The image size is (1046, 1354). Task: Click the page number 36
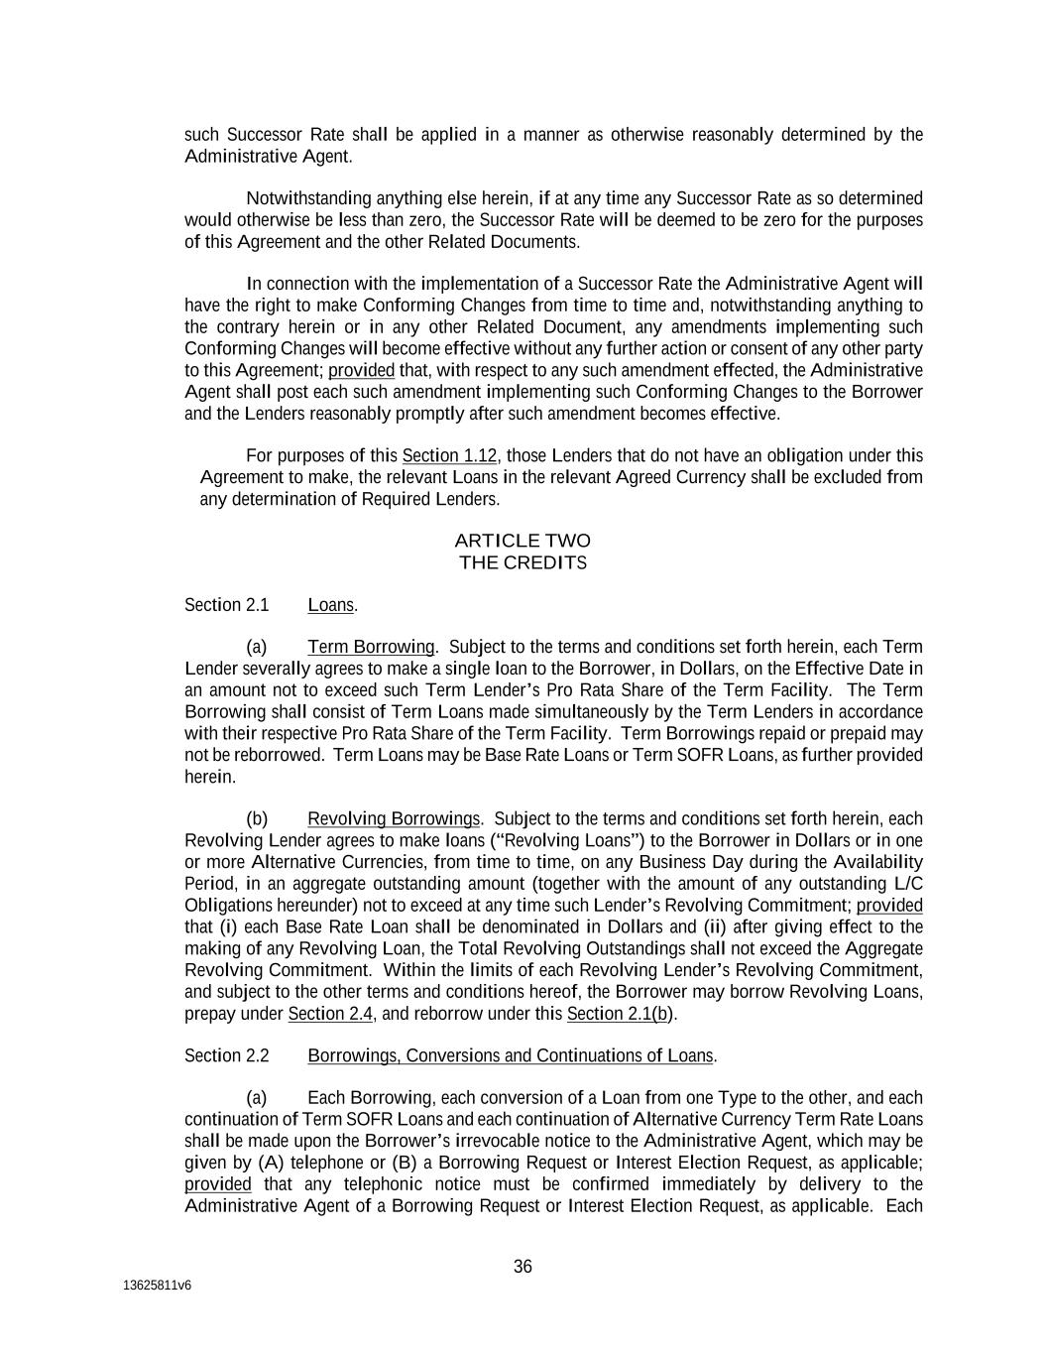coord(523,1266)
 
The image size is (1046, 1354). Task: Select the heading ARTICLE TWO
coord(522,541)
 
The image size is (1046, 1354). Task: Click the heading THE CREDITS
coord(523,562)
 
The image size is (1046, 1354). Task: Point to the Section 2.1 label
coord(212,605)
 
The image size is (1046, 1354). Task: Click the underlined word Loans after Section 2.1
coord(330,605)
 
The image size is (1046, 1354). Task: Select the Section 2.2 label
coord(212,1055)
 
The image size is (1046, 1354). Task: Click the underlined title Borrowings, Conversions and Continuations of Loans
coord(510,1055)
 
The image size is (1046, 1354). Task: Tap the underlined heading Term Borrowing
coord(371,648)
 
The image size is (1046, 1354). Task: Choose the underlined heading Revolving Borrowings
coord(394,819)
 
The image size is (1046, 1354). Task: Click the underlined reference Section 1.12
coord(449,456)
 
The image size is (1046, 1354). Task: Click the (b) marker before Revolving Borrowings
coord(257,819)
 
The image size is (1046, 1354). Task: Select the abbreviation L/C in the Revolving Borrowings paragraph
coord(908,884)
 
